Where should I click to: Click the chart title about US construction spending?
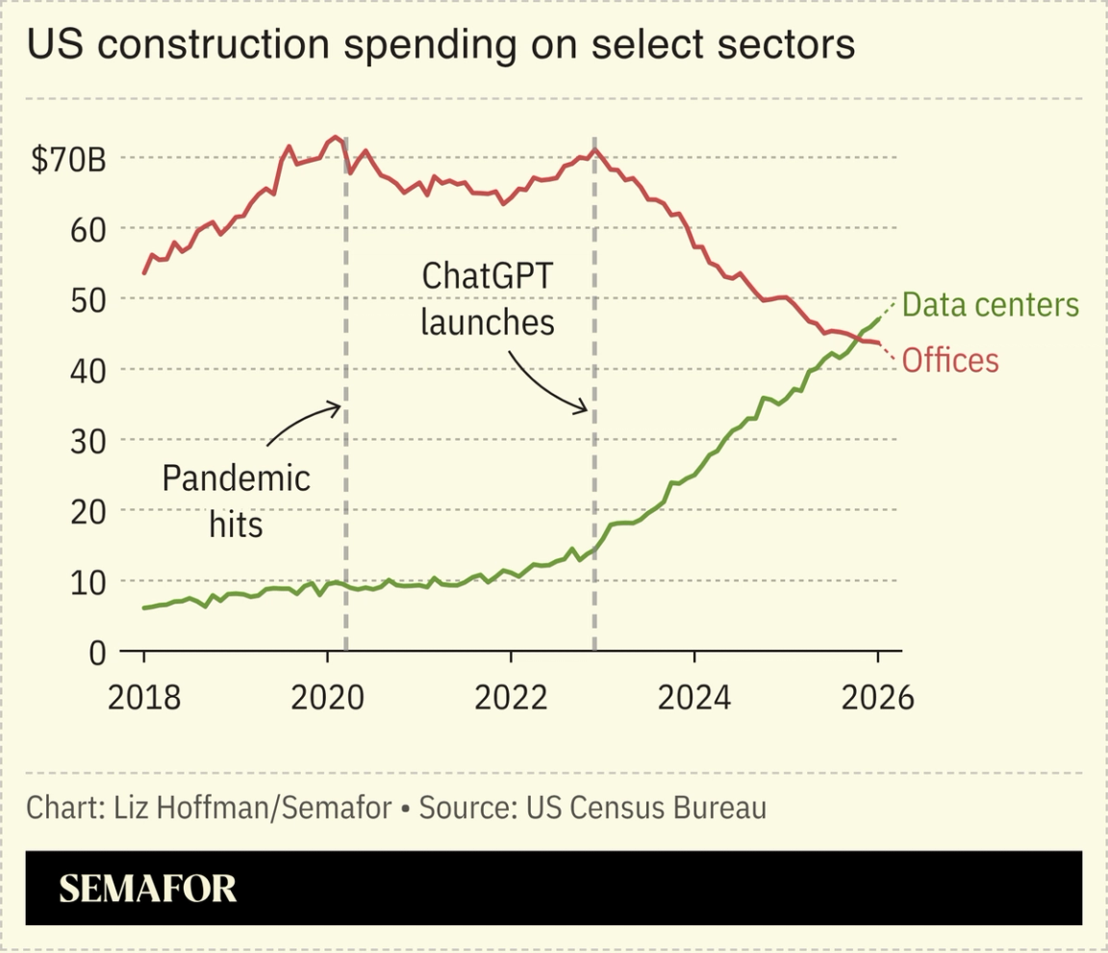click(x=441, y=44)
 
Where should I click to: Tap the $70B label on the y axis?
click(x=68, y=160)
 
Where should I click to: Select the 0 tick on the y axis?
click(x=96, y=654)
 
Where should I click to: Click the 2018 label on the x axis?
click(x=144, y=698)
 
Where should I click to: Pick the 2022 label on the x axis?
click(x=511, y=698)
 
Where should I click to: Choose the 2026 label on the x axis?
click(x=877, y=698)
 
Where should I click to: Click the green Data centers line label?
click(x=991, y=305)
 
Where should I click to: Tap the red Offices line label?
click(x=950, y=361)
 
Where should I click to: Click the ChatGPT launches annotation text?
click(x=488, y=298)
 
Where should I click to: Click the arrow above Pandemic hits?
click(x=303, y=424)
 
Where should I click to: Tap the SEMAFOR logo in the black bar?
click(x=147, y=889)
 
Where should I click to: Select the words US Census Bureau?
click(x=645, y=807)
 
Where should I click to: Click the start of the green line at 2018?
click(x=144, y=607)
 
